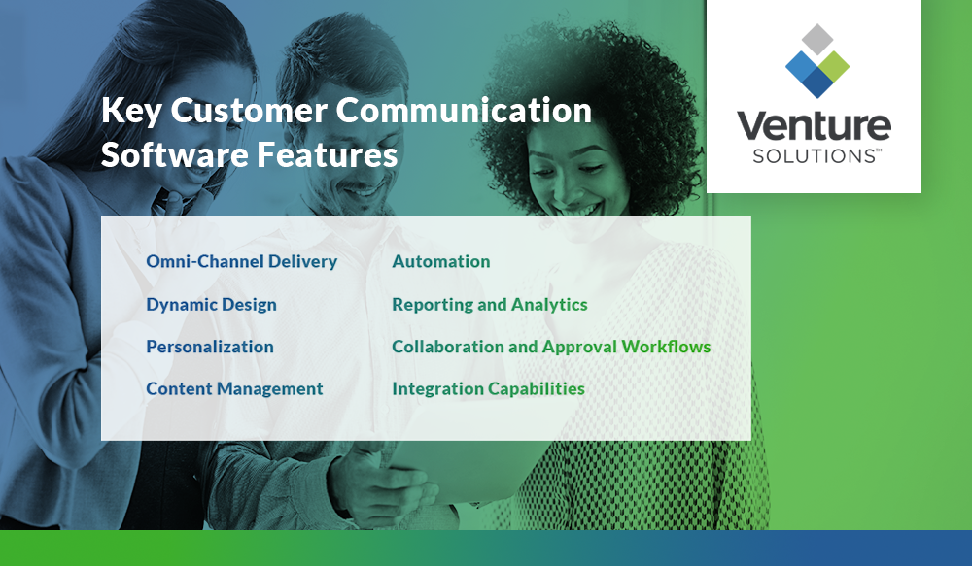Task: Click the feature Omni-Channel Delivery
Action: point(241,261)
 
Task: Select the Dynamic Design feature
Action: point(211,304)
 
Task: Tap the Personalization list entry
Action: point(210,347)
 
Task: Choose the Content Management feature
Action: point(234,388)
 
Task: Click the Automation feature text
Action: point(440,261)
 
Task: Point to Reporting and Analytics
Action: point(489,304)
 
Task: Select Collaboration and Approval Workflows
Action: point(551,347)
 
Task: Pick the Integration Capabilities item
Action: point(488,388)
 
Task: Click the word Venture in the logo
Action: point(813,127)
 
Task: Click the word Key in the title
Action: point(131,112)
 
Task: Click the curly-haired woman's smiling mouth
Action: point(581,207)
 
